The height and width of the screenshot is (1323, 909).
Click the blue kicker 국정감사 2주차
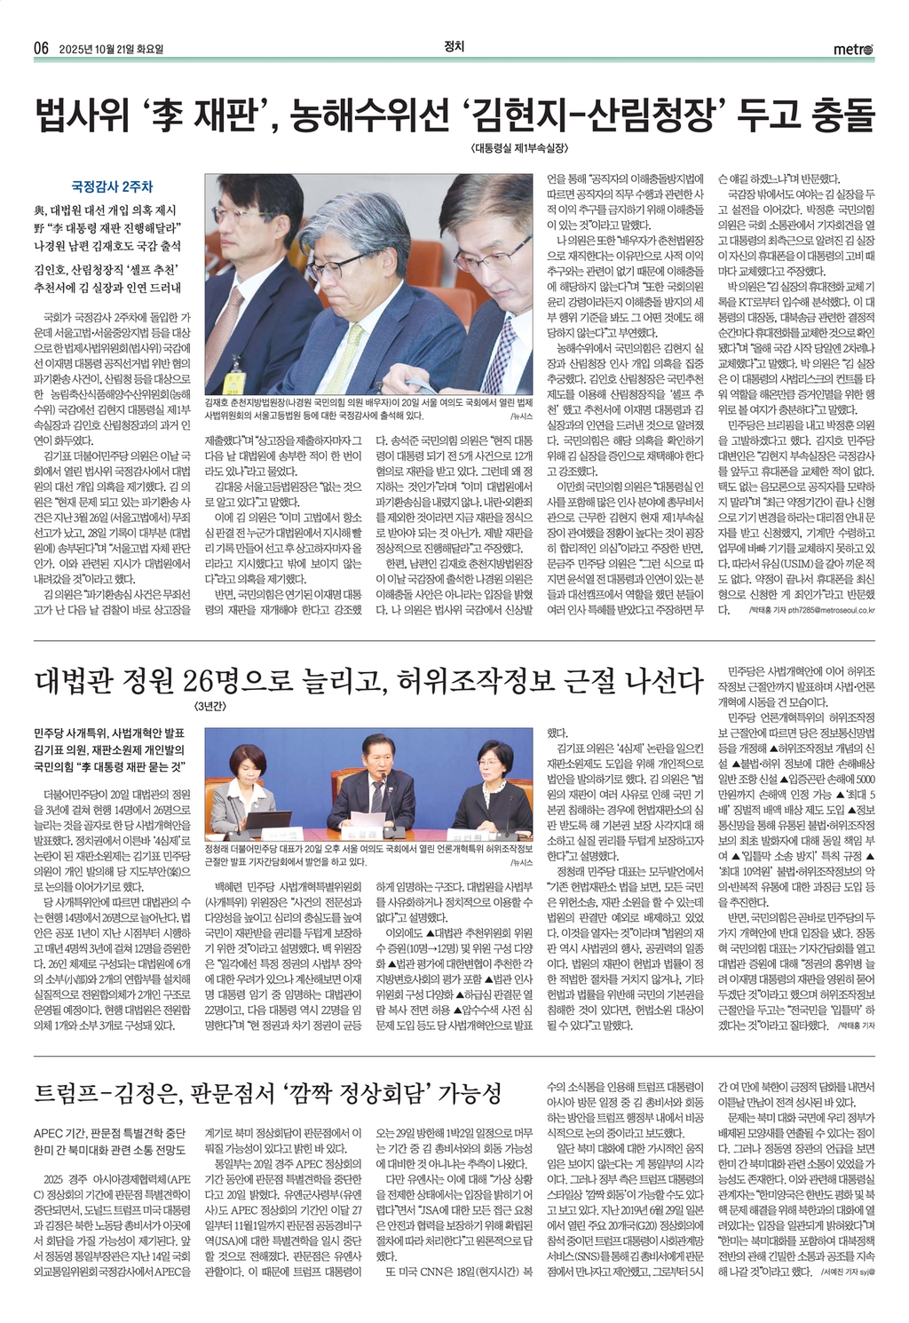[x=112, y=186]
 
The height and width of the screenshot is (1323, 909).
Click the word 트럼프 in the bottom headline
[x=68, y=1093]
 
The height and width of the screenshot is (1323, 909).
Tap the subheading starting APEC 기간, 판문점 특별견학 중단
[x=110, y=1133]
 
